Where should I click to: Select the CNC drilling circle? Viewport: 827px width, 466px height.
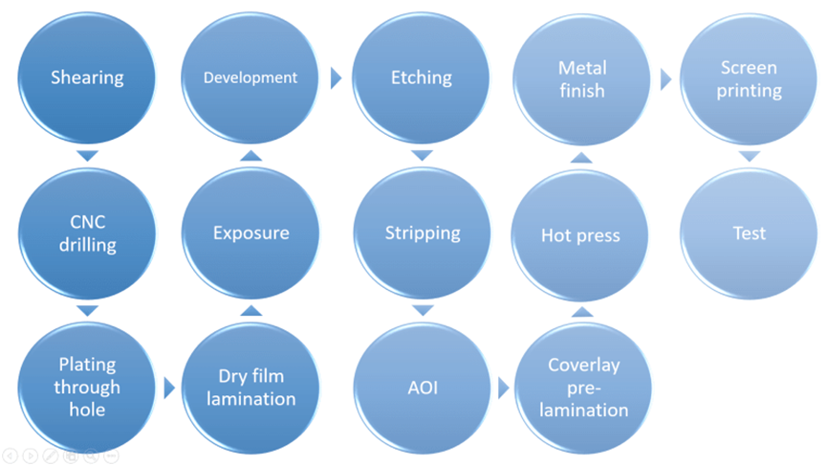[87, 233]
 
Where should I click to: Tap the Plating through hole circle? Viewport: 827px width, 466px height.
[87, 388]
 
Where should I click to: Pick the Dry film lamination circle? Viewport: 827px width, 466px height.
[250, 388]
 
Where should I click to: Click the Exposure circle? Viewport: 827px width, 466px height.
[250, 233]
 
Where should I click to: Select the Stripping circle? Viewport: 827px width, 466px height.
[422, 233]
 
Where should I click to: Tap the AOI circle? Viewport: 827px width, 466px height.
[422, 388]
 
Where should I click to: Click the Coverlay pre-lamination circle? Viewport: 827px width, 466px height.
[583, 388]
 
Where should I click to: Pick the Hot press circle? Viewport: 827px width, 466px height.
[581, 233]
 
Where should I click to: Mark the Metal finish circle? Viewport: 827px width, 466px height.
[581, 78]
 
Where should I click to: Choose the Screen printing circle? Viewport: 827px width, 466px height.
[750, 78]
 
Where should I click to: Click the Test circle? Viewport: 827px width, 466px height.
[750, 233]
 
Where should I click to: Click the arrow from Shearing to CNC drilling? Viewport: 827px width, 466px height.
[87, 156]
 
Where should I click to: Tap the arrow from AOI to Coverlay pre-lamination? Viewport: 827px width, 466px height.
[503, 388]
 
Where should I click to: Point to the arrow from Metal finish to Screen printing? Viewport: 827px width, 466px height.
[666, 78]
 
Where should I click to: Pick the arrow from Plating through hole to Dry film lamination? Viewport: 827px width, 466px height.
[169, 388]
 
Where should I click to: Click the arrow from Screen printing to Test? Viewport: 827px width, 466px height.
[750, 156]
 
